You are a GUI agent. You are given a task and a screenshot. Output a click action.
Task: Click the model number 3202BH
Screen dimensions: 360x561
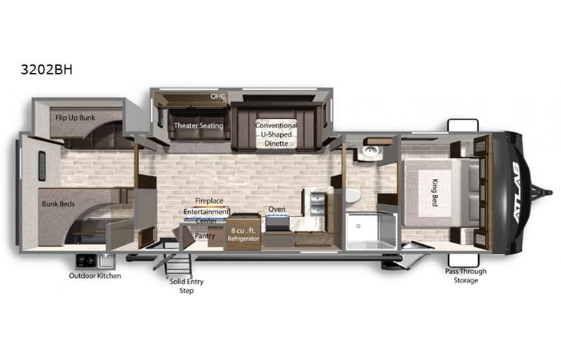(x=47, y=68)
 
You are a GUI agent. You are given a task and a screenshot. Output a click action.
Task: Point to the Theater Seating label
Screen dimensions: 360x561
(x=198, y=126)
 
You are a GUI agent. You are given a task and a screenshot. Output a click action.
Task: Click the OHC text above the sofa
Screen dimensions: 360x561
(x=218, y=97)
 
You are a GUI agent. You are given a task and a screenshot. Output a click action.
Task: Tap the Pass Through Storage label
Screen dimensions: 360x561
(x=466, y=276)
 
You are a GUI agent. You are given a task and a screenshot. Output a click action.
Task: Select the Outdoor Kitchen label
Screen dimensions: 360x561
(x=94, y=276)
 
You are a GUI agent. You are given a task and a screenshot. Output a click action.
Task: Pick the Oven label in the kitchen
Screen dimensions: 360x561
(x=276, y=209)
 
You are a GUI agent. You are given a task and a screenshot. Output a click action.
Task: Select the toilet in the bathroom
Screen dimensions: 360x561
(x=352, y=195)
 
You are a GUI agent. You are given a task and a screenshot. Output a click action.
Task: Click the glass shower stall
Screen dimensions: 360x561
(x=370, y=230)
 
